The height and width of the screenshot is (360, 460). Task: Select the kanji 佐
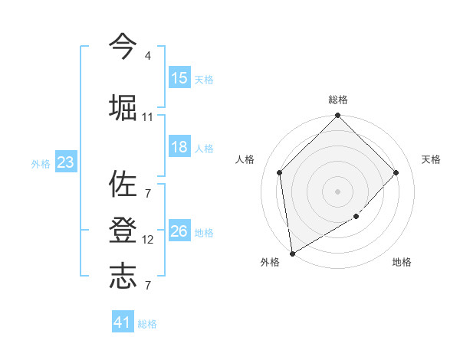coord(123,185)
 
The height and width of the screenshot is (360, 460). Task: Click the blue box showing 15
coord(179,78)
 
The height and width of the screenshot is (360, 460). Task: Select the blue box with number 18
coord(179,148)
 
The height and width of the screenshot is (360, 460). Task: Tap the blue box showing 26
coord(179,232)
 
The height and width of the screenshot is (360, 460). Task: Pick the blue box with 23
coord(65,162)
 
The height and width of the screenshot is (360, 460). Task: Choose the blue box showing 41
coord(123,322)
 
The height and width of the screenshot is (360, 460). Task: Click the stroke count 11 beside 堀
coord(147,117)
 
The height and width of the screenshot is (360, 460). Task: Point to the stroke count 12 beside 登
coord(147,240)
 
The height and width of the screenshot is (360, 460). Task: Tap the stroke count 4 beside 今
coord(147,56)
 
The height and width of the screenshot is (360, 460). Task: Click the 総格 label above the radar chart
coord(338,100)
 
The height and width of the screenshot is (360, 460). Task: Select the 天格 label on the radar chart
coord(432,159)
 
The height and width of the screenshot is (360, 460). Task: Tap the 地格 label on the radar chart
coord(402,263)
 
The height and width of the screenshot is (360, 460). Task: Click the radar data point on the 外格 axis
coord(292,253)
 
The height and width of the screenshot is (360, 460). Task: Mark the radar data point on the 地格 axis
coord(356,217)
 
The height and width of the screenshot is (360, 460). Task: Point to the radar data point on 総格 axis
coord(338,116)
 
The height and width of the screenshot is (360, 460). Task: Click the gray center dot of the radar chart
coord(338,191)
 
